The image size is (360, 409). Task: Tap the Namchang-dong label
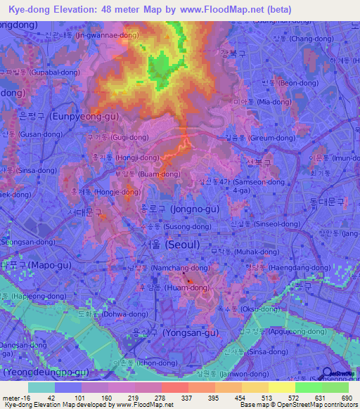point(150,268)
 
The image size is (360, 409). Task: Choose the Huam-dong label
point(157,287)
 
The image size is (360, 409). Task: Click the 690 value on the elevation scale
point(345,398)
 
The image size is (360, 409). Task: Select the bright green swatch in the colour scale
point(308,387)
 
